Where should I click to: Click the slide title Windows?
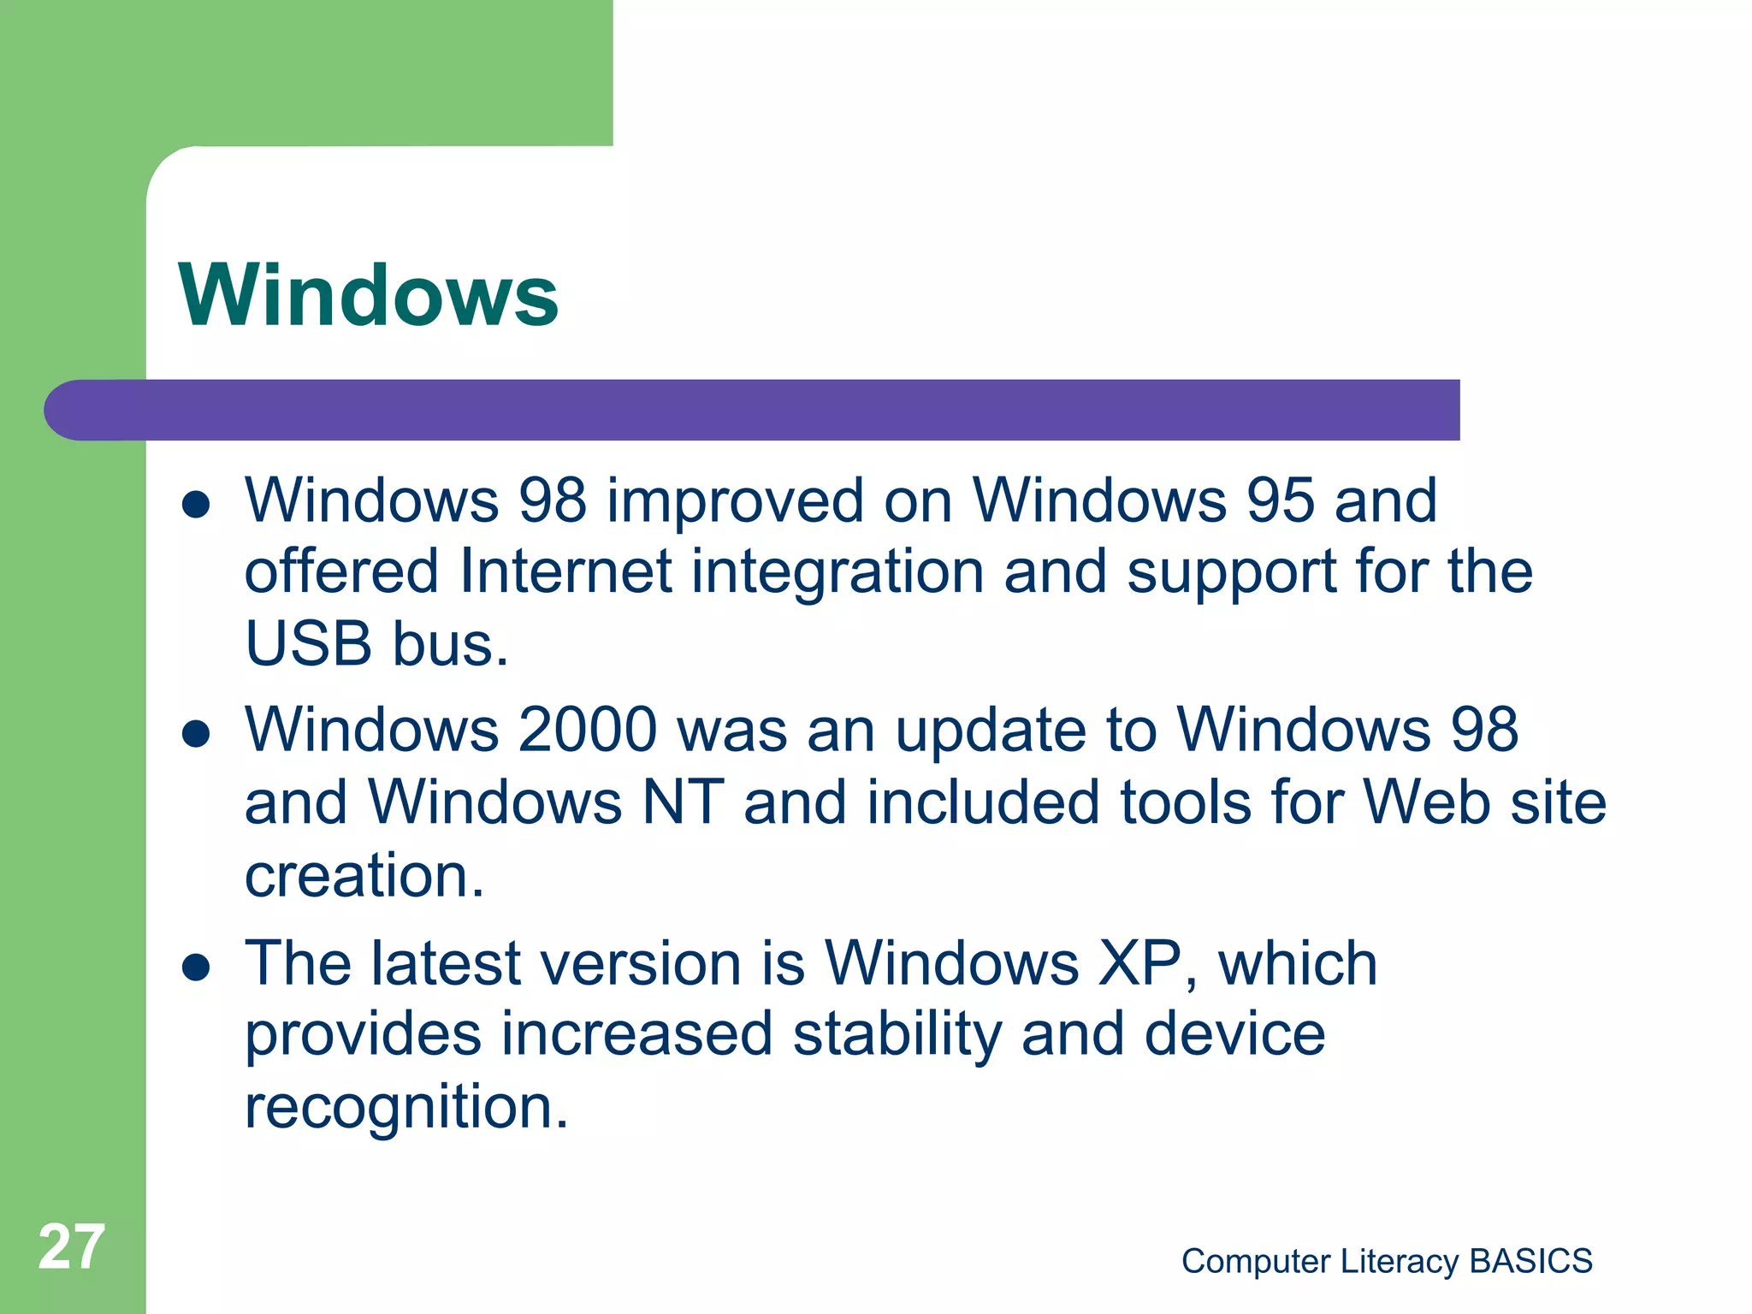click(369, 295)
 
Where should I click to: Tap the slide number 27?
click(72, 1246)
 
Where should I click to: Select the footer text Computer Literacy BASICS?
click(1387, 1261)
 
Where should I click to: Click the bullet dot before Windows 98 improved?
click(196, 504)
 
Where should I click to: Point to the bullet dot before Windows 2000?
click(196, 733)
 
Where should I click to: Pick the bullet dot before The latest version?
click(196, 967)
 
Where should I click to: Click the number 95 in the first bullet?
click(1279, 500)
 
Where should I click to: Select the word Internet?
click(565, 571)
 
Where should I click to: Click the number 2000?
click(588, 730)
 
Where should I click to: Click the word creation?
click(364, 876)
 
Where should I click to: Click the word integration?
click(838, 571)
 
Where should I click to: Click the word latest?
click(446, 963)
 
